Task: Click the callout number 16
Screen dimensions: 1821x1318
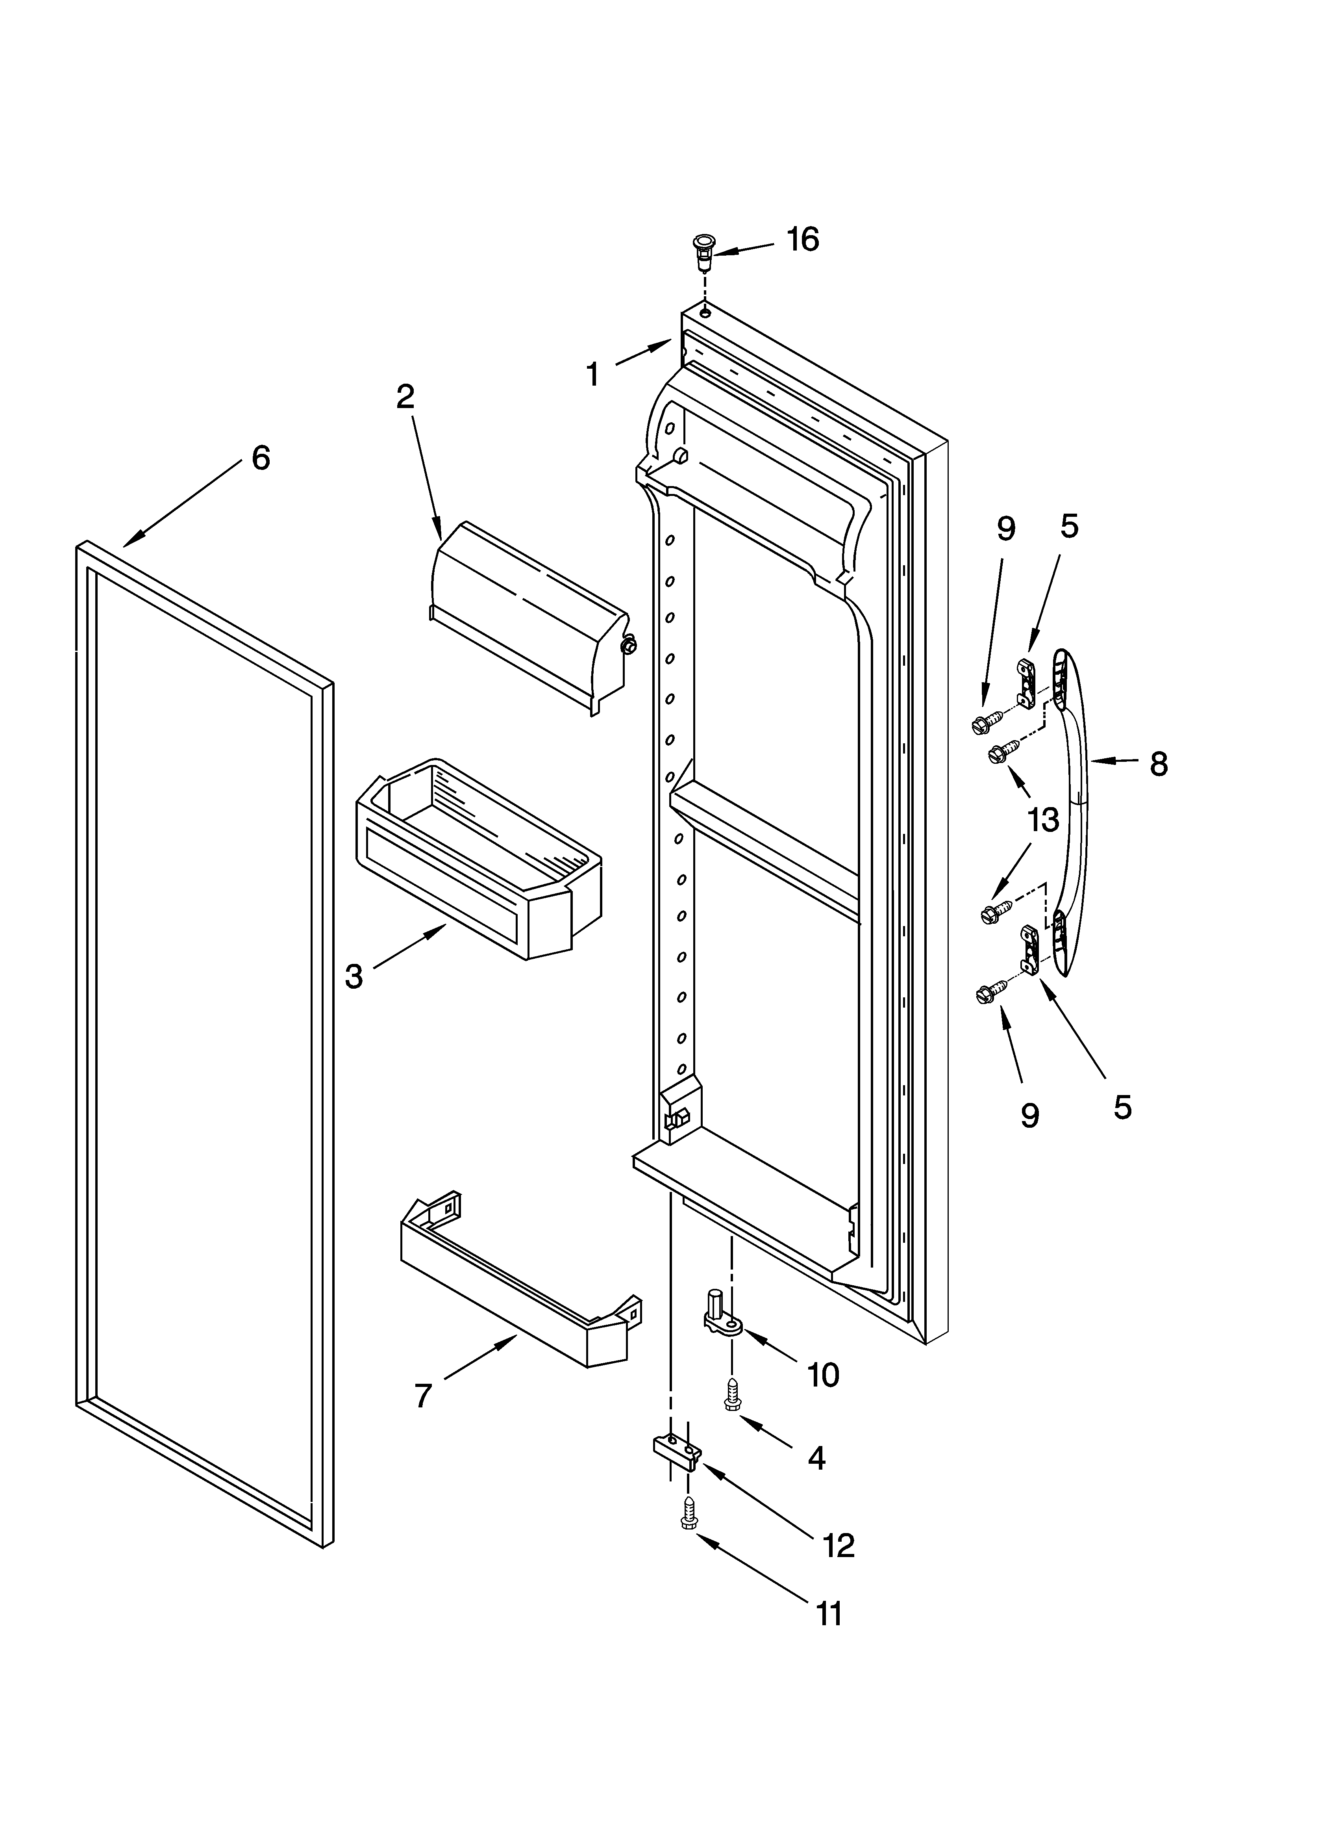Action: point(803,239)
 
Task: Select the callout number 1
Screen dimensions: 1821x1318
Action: point(592,374)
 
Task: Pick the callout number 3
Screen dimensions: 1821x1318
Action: point(354,976)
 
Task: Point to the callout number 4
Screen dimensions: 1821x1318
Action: point(816,1457)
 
